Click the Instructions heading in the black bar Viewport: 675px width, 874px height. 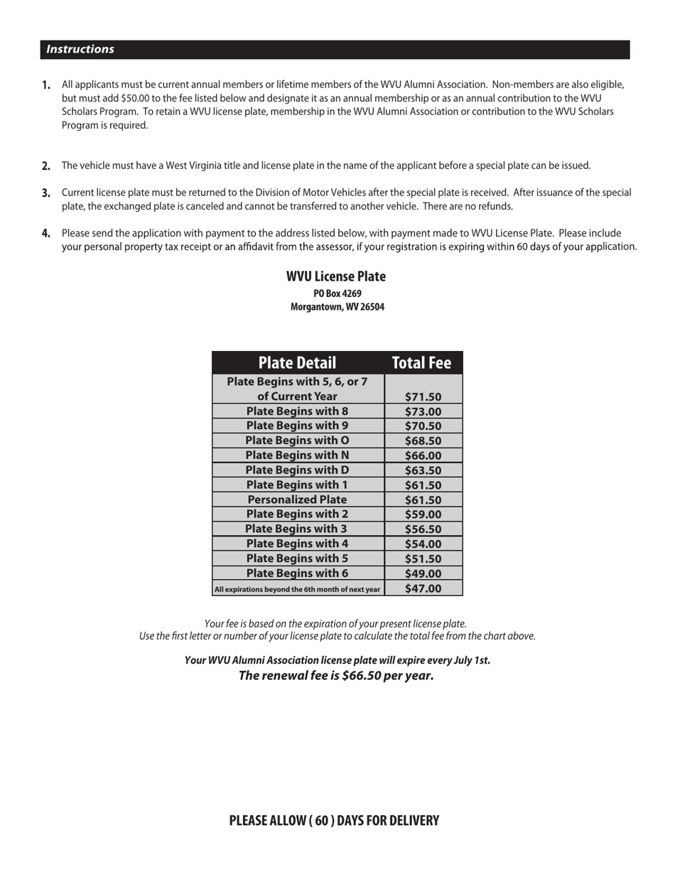pyautogui.click(x=80, y=49)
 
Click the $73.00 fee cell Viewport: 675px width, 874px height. pyautogui.click(x=423, y=411)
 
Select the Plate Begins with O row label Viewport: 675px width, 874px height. pyautogui.click(x=297, y=441)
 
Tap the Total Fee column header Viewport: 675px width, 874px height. pyautogui.click(x=422, y=363)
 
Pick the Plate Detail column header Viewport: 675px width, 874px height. pyautogui.click(x=297, y=363)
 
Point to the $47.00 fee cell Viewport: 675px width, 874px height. pyautogui.click(x=423, y=588)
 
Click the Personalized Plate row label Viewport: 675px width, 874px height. pyautogui.click(x=297, y=500)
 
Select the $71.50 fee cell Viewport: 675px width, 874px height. pyautogui.click(x=423, y=397)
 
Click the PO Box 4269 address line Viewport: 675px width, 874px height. pyautogui.click(x=337, y=293)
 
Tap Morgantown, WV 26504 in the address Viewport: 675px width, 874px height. pyautogui.click(x=337, y=307)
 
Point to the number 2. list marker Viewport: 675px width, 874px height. pyautogui.click(x=46, y=166)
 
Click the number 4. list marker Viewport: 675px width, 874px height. pyautogui.click(x=46, y=233)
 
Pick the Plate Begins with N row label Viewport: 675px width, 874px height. pyautogui.click(x=297, y=455)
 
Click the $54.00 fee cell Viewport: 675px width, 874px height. pyautogui.click(x=423, y=544)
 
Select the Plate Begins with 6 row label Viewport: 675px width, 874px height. pyautogui.click(x=297, y=573)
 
